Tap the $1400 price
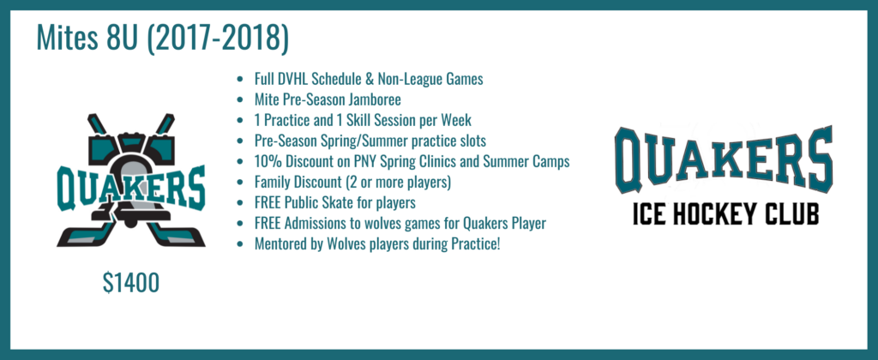pos(130,283)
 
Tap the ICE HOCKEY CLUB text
pos(723,213)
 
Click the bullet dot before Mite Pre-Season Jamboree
pos(239,99)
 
